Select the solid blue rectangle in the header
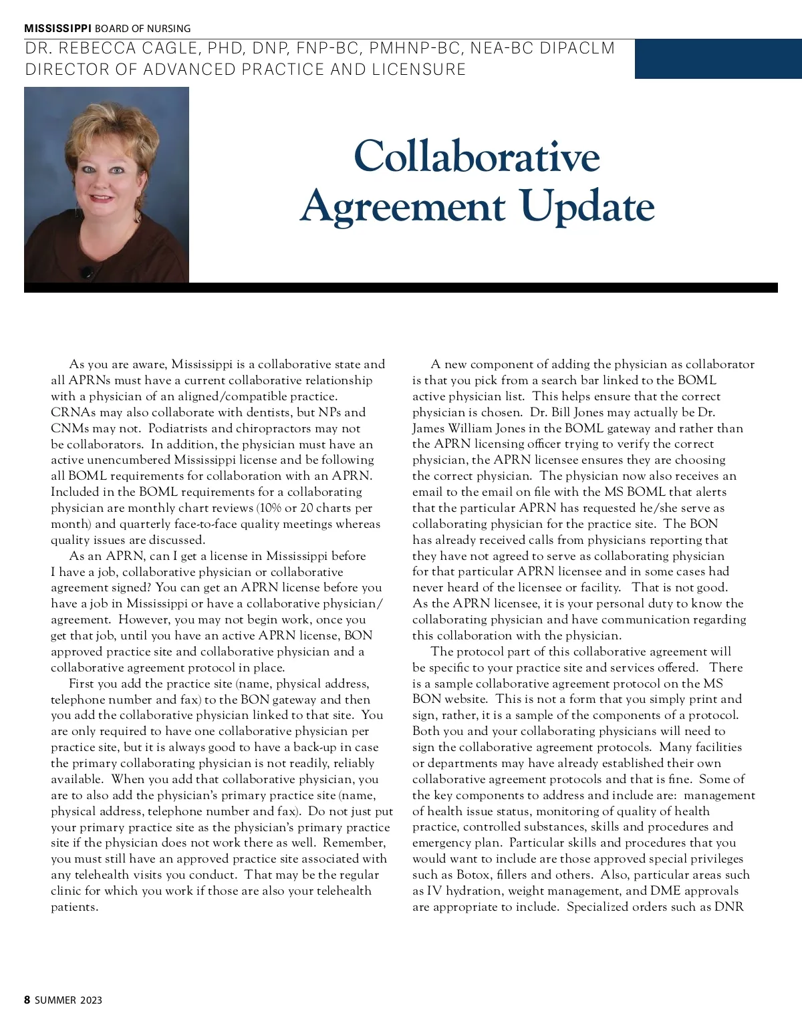[x=718, y=59]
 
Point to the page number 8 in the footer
[x=27, y=1000]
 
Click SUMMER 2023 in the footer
[x=68, y=1000]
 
